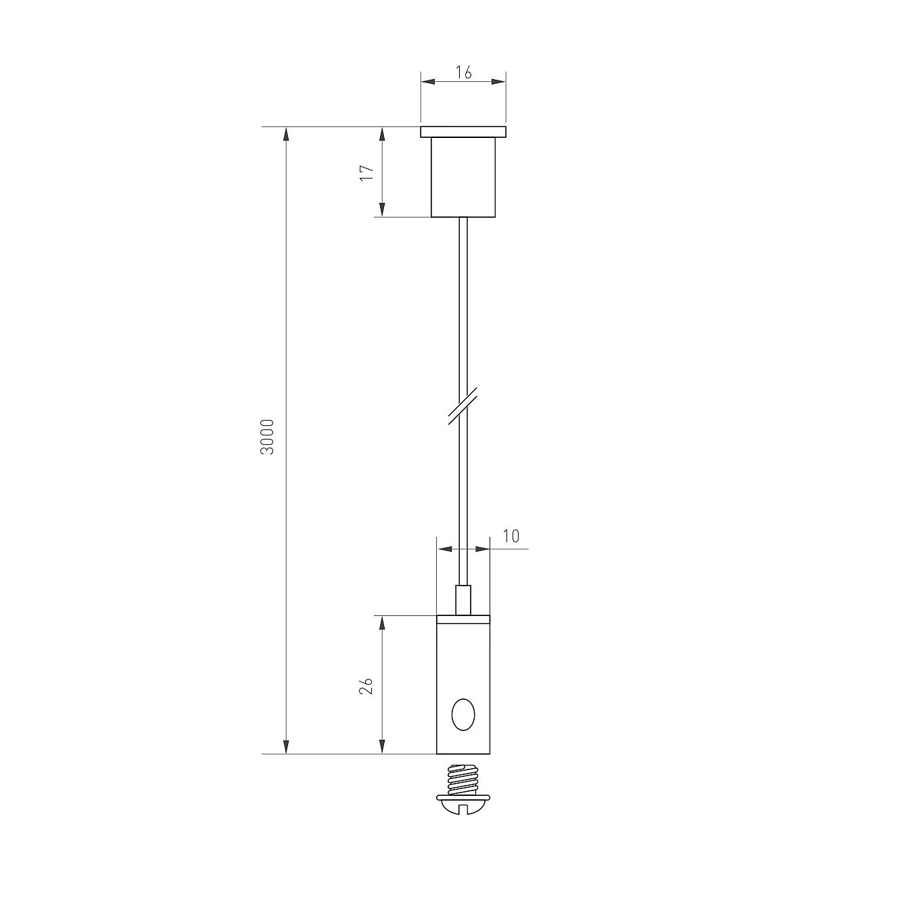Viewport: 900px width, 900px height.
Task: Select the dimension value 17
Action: pos(367,173)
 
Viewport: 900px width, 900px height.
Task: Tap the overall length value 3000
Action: pos(267,437)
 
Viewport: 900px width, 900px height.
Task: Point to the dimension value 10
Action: pos(511,536)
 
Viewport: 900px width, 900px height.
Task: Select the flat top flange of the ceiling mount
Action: pos(463,132)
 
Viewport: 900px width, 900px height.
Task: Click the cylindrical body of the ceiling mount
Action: pos(463,177)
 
